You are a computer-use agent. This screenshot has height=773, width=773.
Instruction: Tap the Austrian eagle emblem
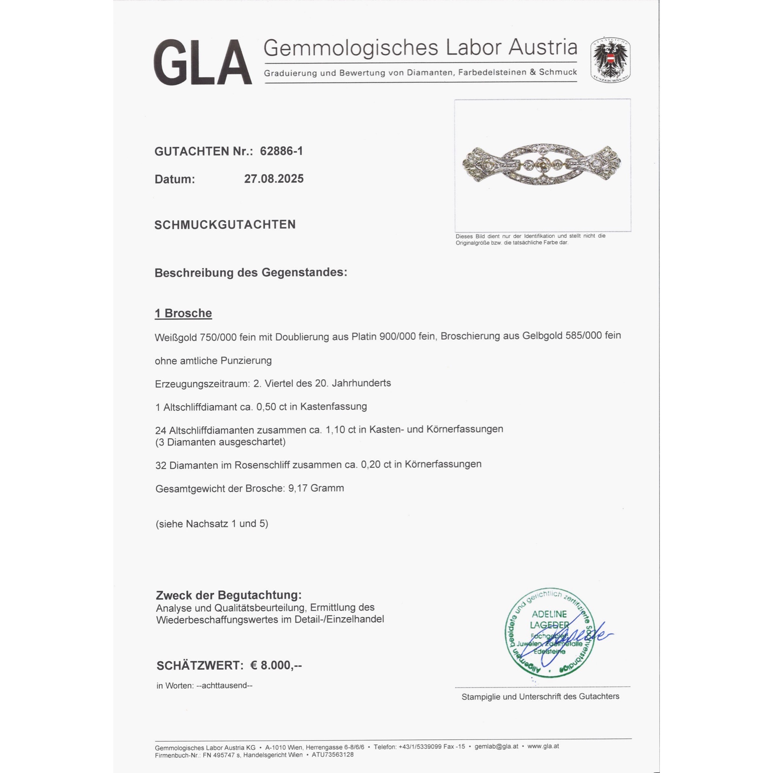tap(610, 60)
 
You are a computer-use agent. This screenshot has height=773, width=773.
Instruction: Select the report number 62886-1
tap(281, 151)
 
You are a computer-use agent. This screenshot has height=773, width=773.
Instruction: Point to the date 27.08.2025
tap(274, 179)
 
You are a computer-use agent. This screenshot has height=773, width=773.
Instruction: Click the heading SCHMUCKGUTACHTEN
tap(225, 225)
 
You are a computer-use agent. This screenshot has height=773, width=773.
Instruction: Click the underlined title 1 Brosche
tap(183, 313)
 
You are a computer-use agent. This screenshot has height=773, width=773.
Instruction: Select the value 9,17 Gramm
tap(316, 488)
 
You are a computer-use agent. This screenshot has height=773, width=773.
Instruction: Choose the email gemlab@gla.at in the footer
tap(496, 746)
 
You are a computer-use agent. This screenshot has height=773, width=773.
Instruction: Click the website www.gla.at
tap(543, 746)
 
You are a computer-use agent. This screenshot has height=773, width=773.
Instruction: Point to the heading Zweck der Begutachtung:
tap(228, 595)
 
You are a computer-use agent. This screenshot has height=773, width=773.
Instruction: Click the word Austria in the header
tap(543, 48)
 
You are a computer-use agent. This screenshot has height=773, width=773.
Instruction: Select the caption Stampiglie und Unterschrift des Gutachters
tap(540, 696)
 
